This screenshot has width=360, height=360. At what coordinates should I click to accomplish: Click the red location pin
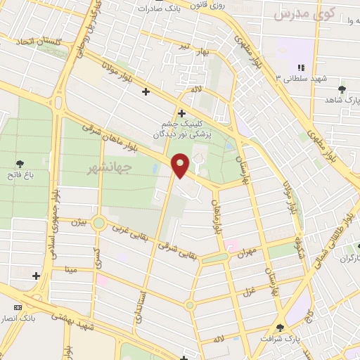point(181,165)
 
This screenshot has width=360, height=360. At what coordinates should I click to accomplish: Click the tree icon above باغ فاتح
point(19,163)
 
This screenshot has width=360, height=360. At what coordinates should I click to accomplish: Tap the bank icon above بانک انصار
point(18,307)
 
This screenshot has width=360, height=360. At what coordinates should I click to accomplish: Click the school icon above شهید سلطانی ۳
point(301,67)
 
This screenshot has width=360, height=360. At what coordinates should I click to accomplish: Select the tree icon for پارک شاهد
point(342,89)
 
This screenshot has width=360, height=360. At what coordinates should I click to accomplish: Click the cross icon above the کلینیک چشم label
point(181,112)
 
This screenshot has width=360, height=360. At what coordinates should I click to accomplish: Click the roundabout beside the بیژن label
point(98,224)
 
